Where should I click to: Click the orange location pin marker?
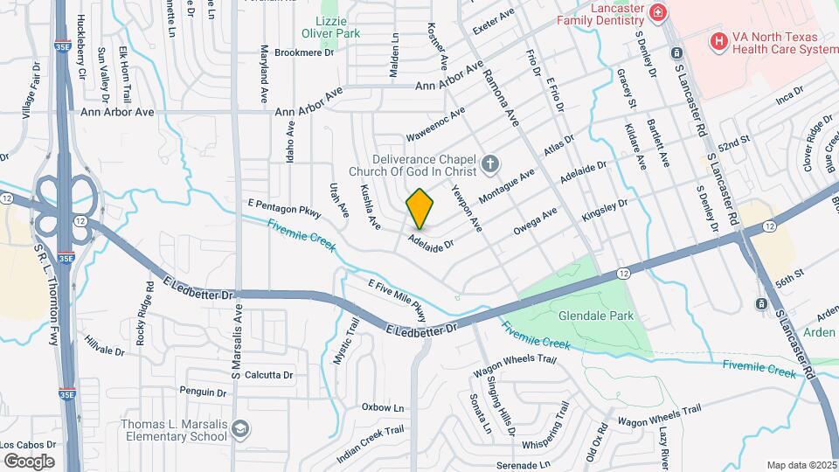point(419,209)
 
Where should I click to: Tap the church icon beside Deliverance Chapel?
point(491,163)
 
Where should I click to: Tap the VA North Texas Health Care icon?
point(718,40)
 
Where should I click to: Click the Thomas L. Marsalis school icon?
point(240,429)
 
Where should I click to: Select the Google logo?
point(29,461)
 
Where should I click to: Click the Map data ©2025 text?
point(801,465)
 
